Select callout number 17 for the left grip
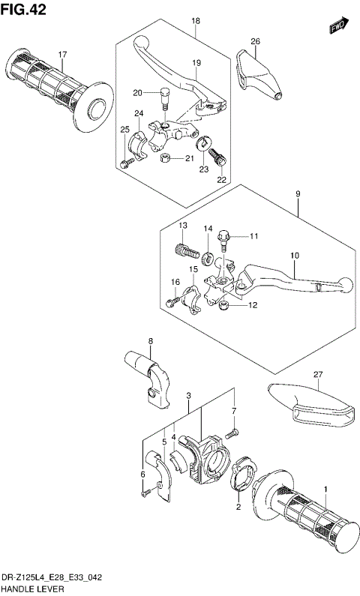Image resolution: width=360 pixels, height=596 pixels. pyautogui.click(x=63, y=55)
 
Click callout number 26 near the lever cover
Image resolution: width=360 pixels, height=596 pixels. pyautogui.click(x=255, y=41)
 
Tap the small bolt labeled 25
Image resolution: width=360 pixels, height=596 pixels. pyautogui.click(x=124, y=163)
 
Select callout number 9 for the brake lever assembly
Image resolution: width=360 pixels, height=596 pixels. pyautogui.click(x=298, y=195)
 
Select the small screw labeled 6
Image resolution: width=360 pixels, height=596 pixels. pyautogui.click(x=148, y=492)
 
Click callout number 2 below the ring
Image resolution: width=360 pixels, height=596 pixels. pyautogui.click(x=239, y=507)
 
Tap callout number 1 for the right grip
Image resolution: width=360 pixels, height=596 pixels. pyautogui.click(x=326, y=489)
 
